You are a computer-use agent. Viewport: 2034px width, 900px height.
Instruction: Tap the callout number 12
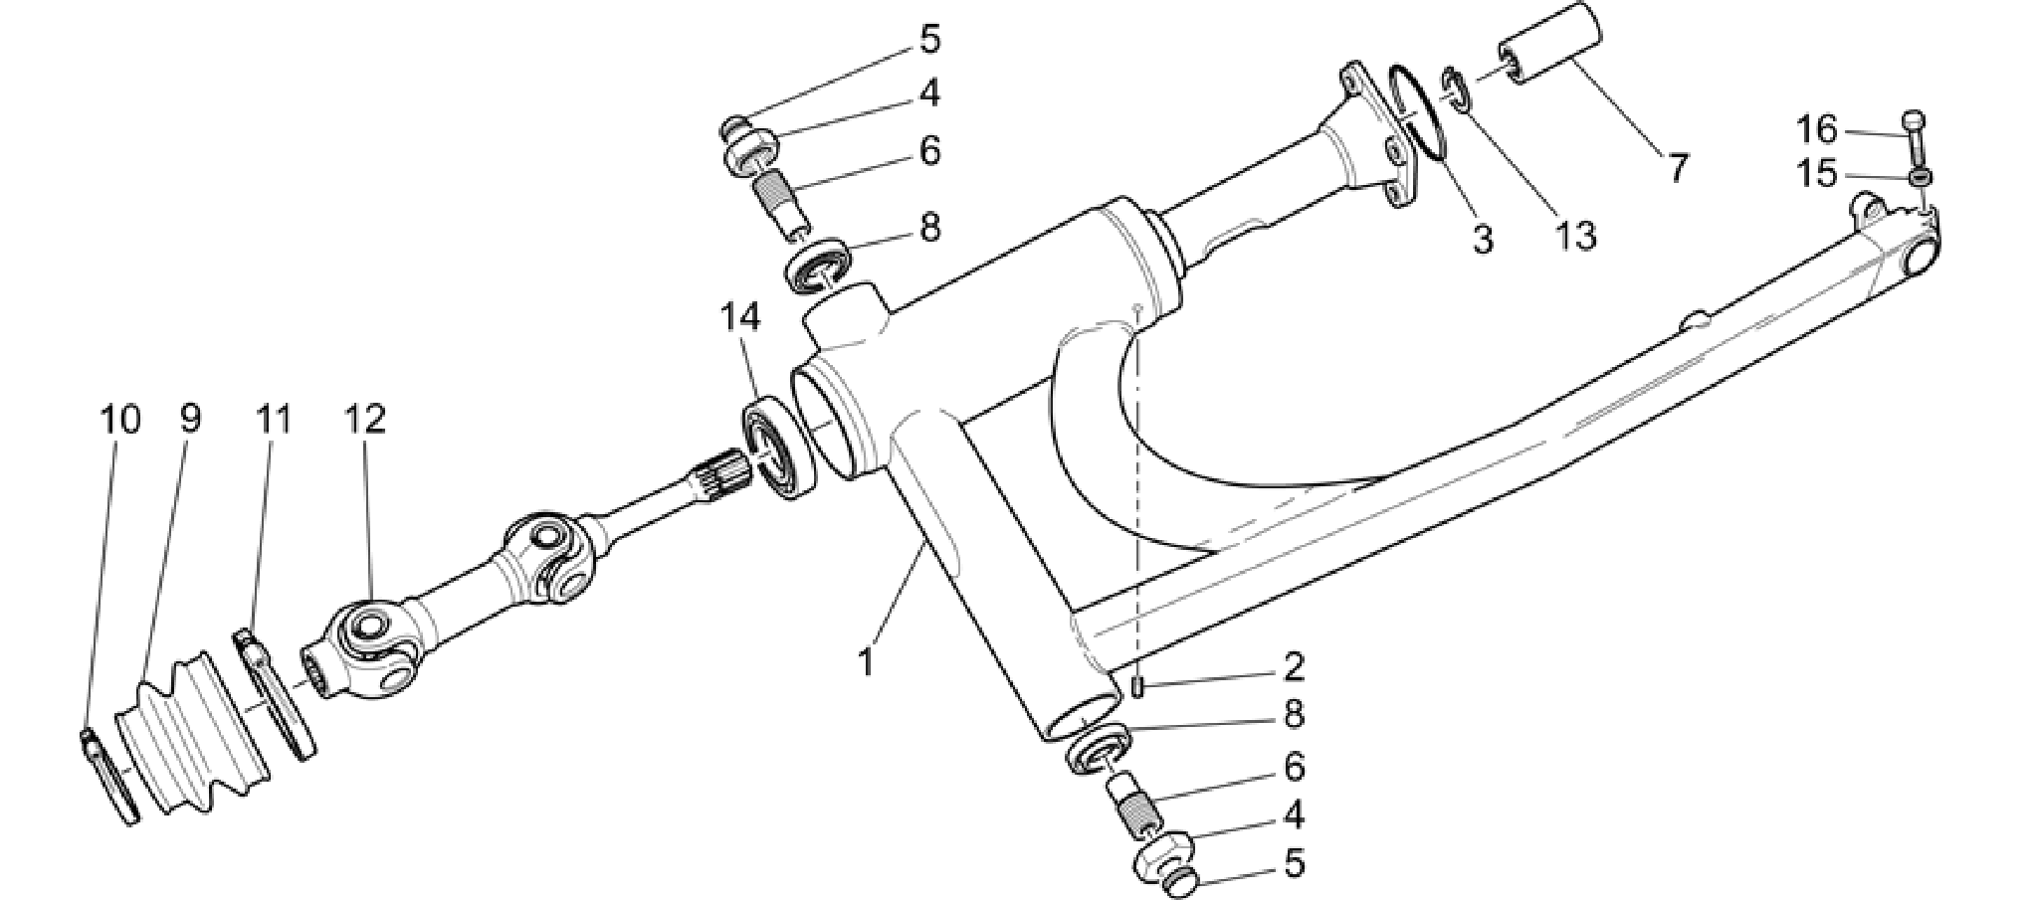tap(365, 419)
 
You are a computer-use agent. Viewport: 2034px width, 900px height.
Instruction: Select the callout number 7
tap(1679, 168)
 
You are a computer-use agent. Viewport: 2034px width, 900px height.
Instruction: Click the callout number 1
tap(867, 661)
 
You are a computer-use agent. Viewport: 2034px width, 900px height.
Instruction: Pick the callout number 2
tap(1293, 666)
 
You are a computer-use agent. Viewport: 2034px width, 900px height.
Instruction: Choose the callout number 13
tap(1576, 236)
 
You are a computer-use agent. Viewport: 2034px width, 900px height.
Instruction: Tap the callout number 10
tap(120, 419)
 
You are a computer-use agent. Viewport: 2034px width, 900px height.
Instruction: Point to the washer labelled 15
tap(1921, 177)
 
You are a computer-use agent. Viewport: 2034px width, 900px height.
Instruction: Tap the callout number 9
tap(190, 419)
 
